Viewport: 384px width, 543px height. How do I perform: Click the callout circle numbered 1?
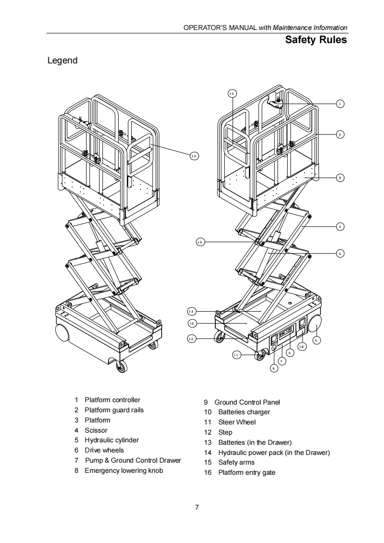(x=340, y=104)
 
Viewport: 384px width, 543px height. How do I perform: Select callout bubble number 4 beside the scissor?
(x=340, y=226)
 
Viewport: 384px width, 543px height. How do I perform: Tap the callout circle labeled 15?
(x=200, y=241)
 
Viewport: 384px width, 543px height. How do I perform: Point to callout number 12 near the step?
(x=191, y=339)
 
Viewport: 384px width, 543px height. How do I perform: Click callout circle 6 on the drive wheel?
(x=316, y=340)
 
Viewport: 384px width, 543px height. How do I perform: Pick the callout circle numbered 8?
(x=274, y=368)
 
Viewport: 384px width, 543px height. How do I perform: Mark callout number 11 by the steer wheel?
(x=236, y=355)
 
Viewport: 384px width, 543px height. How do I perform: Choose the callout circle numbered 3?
(x=340, y=178)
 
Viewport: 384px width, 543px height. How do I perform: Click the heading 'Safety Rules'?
(x=316, y=40)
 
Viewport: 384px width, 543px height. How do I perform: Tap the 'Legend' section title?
(x=62, y=60)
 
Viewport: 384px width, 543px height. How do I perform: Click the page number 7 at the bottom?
(x=197, y=507)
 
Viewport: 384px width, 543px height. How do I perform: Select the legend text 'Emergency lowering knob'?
(x=123, y=470)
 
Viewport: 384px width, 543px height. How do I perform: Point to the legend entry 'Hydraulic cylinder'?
(x=111, y=440)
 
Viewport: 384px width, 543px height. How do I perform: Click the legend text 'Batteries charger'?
(x=244, y=412)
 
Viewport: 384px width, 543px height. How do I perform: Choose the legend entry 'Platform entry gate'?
(x=246, y=472)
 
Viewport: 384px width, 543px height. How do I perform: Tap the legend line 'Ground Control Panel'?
(x=247, y=402)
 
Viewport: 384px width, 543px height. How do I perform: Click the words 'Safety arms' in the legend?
(x=236, y=462)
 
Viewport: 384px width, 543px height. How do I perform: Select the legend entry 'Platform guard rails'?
(x=114, y=410)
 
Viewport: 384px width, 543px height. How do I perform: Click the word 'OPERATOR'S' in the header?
(x=203, y=28)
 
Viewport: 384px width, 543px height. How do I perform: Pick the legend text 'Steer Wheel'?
(x=237, y=422)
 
